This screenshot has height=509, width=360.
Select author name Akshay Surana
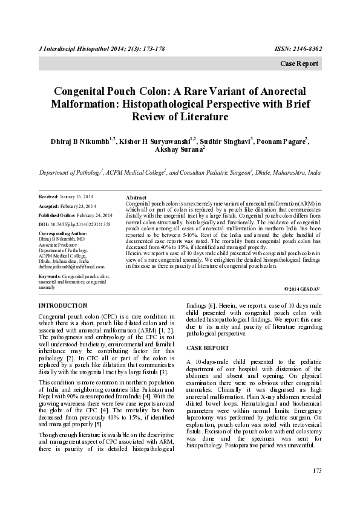point(178,150)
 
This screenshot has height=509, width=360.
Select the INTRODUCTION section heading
point(62,306)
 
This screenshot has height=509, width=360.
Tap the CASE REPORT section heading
point(208,348)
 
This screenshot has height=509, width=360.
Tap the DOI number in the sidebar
point(80,224)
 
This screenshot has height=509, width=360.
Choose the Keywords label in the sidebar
point(49,277)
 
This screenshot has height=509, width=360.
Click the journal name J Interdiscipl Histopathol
point(71,48)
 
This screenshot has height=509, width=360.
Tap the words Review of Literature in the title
point(180,117)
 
